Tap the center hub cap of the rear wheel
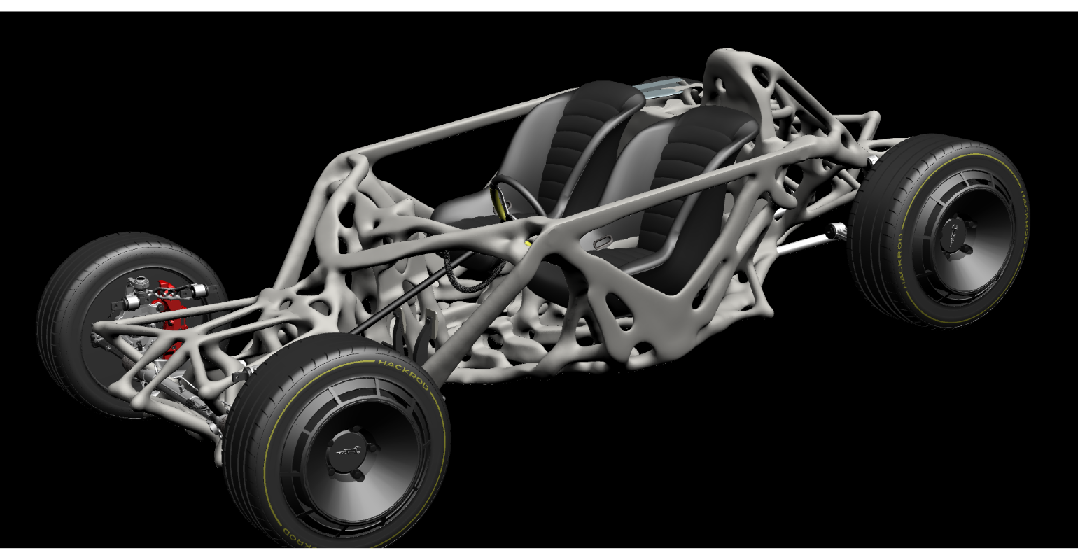pyautogui.click(x=956, y=231)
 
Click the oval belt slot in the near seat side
pyautogui.click(x=602, y=242)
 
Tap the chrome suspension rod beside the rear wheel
pyautogui.click(x=812, y=242)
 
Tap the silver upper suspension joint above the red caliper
pyautogui.click(x=136, y=283)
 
